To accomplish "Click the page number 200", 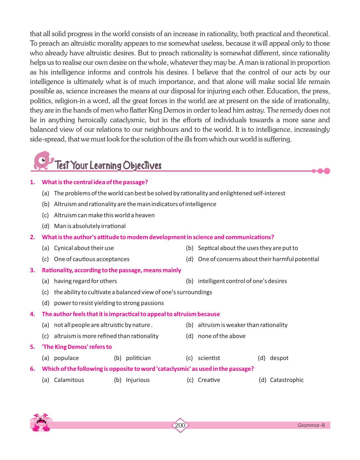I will [x=180, y=425].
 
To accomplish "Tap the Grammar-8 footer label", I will [x=311, y=425].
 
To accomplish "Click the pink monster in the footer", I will [x=41, y=422].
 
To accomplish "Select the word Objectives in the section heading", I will [x=142, y=166].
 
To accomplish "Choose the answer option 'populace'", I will [x=66, y=358].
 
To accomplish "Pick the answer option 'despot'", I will [x=279, y=358].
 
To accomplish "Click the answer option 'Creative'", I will [x=209, y=380].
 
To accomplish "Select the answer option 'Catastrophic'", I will [x=287, y=380].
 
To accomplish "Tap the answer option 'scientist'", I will [x=209, y=358].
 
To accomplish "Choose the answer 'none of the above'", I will [x=221, y=336].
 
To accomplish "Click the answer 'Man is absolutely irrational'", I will [x=90, y=226].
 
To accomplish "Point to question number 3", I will [x=32, y=270].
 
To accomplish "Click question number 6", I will [x=32, y=369].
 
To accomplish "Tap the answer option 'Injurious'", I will [x=138, y=380].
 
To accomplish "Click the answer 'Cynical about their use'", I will [x=84, y=248].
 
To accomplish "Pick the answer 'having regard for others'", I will [x=85, y=281].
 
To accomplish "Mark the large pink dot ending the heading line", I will [x=327, y=171].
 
